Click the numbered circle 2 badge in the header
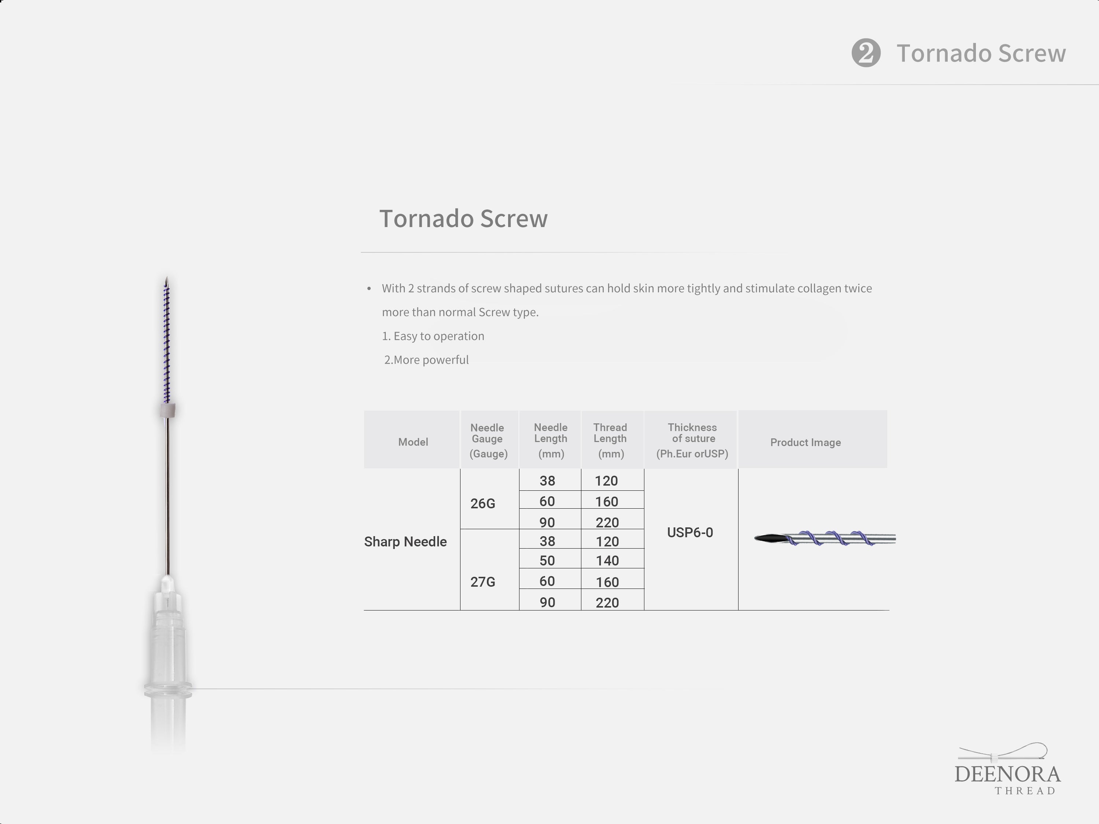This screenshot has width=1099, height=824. coord(866,53)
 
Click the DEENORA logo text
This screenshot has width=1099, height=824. coord(1007,774)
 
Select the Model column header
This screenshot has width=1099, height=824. coord(413,442)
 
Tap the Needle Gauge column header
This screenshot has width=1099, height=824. coord(488,440)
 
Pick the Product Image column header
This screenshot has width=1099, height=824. coord(805,442)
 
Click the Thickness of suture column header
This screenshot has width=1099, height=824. coord(692,440)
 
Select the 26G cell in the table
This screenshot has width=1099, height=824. coord(482,504)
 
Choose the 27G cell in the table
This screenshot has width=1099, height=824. coord(482,582)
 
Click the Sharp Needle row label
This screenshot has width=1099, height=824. coord(406,541)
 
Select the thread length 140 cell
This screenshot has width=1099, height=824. coord(607,560)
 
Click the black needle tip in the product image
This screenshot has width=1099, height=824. coord(769,538)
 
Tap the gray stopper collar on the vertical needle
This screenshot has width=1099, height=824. coord(168,410)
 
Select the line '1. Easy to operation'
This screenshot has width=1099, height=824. coord(433,336)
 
